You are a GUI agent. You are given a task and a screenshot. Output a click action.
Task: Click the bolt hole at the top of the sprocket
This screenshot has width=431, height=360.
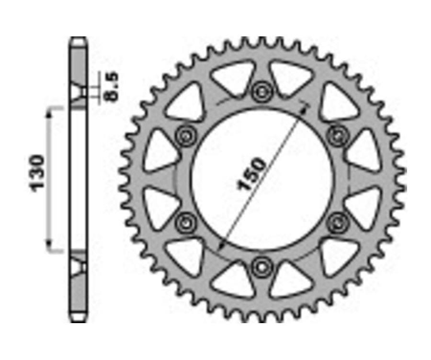tap(262, 90)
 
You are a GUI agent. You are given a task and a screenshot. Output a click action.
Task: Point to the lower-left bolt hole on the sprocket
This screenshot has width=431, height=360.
tap(186, 222)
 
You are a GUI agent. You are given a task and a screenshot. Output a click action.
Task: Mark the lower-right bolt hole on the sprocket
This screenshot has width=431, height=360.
tap(338, 222)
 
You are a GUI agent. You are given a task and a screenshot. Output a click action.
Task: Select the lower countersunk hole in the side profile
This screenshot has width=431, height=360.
tap(79, 265)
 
